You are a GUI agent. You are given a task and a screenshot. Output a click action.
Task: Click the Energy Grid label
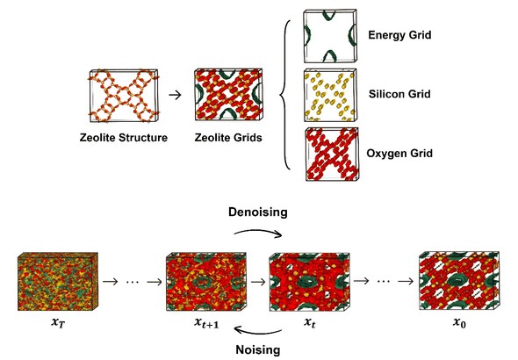point(399,34)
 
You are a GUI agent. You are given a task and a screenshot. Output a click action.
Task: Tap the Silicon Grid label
point(399,94)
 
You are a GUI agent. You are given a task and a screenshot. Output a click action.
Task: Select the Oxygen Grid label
point(399,154)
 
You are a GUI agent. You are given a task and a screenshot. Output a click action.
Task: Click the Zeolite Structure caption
point(124,137)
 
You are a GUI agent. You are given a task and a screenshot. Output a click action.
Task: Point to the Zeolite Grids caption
point(228,137)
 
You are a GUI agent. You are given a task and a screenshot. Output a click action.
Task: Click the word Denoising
point(258,212)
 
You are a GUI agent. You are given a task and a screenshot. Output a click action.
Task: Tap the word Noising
point(258,349)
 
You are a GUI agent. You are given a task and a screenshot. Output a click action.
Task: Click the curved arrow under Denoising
point(257,232)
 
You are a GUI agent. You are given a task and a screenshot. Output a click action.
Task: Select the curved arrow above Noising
point(257,332)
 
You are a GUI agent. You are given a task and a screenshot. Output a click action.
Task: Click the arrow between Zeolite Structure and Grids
point(175,95)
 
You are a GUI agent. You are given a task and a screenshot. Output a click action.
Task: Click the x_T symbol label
point(58,322)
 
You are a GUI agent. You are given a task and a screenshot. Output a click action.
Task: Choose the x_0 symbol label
point(459,322)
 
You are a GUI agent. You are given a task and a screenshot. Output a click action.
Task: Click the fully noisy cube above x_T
point(58,282)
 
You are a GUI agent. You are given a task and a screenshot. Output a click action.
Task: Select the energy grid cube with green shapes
point(330,36)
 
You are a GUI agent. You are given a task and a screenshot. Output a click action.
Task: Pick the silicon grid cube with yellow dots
point(330,95)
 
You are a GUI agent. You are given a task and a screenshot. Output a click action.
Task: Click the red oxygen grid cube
point(332,155)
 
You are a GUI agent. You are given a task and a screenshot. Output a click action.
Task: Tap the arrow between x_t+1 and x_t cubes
point(259,282)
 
